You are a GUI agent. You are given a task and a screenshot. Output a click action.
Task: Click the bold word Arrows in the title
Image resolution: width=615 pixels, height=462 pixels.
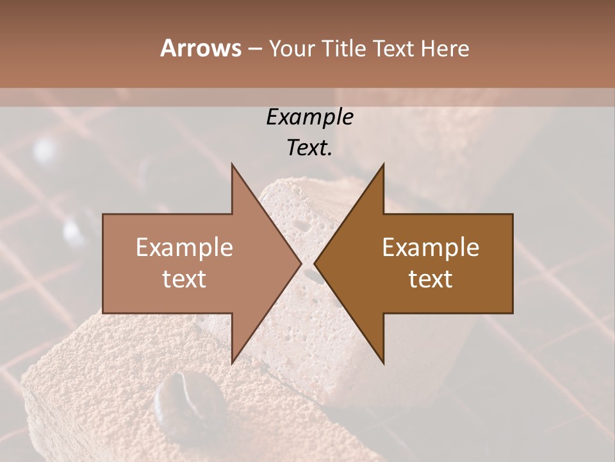201,48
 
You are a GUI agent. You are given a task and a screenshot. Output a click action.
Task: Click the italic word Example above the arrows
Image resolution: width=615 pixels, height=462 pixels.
309,117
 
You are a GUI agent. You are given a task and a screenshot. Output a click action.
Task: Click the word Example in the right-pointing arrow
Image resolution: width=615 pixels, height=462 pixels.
184,247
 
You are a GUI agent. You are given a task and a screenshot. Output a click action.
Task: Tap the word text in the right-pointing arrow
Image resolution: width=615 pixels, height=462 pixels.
184,279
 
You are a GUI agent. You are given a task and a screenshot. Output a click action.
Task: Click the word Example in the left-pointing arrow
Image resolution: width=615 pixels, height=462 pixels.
430,247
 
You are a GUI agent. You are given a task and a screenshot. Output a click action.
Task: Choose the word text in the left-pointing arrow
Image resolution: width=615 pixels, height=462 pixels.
430,279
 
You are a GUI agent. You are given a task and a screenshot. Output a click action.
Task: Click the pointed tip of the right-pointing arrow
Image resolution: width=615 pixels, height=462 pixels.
301,264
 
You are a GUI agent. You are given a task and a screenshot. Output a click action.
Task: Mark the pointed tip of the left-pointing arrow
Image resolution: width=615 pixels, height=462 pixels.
315,264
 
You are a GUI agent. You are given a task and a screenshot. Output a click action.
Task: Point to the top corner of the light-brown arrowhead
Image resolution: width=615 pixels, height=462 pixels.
232,164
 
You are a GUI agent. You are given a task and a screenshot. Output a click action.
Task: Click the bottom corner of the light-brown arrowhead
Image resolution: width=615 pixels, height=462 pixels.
232,364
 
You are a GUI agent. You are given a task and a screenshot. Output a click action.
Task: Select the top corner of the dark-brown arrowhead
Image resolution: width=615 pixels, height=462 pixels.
384,164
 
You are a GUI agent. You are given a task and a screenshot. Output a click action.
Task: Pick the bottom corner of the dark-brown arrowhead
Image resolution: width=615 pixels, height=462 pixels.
384,364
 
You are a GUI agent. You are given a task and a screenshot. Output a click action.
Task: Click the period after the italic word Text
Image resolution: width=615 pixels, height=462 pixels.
330,154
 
